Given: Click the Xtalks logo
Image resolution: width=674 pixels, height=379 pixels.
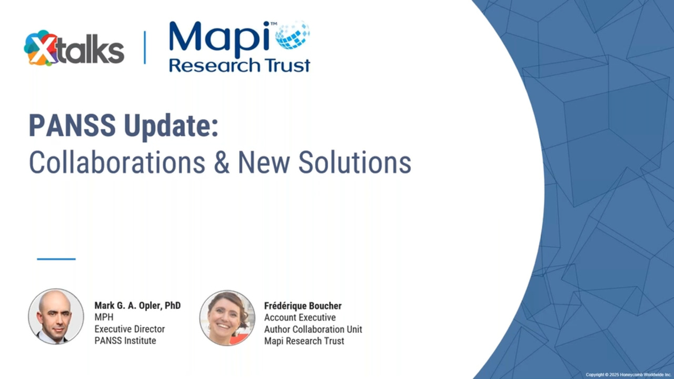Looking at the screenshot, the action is point(74,48).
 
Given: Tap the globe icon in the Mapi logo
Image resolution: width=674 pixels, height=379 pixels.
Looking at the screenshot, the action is point(292,35).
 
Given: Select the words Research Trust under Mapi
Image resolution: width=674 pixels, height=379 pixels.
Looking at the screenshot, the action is point(240,65).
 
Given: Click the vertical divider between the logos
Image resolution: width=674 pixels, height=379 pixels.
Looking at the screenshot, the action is point(145,47).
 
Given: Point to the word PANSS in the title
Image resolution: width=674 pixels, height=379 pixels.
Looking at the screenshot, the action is point(72,125).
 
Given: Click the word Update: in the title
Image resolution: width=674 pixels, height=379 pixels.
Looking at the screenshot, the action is point(171,127).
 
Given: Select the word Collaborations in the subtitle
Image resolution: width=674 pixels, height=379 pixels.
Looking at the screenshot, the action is point(117,162).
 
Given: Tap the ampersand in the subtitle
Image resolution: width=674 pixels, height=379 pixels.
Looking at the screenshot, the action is point(222,163).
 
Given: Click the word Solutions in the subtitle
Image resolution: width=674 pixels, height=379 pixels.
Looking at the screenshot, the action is point(354,162).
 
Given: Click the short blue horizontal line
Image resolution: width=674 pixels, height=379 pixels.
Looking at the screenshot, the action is point(56,259).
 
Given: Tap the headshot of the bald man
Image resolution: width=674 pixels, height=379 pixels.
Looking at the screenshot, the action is point(56,316).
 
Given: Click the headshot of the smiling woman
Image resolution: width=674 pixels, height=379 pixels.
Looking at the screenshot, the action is point(227,318).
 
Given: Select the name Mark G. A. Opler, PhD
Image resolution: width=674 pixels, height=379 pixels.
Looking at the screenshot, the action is point(137,306).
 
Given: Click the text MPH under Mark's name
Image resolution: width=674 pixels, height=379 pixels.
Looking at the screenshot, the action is point(104,317).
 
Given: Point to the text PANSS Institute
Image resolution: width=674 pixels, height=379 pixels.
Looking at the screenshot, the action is point(125,341).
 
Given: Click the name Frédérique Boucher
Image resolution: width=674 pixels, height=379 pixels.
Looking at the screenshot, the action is point(303,306).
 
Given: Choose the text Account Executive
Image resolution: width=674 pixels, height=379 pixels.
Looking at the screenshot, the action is point(300,317).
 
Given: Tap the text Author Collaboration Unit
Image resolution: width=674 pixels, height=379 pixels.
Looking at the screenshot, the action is point(313,330).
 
